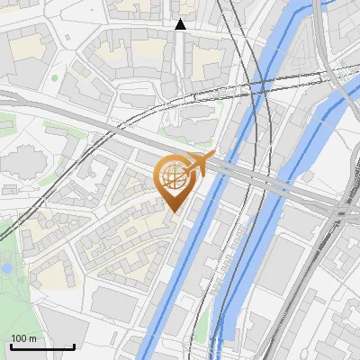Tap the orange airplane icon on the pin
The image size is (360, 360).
click(x=202, y=164)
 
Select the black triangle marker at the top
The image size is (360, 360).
click(x=180, y=24)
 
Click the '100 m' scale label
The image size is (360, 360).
click(x=23, y=338)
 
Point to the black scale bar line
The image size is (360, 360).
click(x=42, y=346)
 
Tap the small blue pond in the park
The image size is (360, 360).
click(x=7, y=267)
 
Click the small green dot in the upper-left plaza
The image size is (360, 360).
click(x=55, y=78)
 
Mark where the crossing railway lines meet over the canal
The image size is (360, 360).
click(x=260, y=85)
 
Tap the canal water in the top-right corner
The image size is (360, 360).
click(x=346, y=18)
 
